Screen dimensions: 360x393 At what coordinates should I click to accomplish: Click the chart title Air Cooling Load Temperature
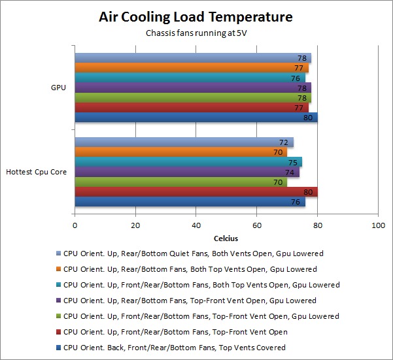pyautogui.click(x=196, y=16)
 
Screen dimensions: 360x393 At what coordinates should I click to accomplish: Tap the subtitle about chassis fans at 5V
pyautogui.click(x=196, y=33)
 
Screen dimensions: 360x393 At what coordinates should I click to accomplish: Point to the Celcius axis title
pyautogui.click(x=226, y=238)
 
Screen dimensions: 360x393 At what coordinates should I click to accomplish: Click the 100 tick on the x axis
pyautogui.click(x=377, y=226)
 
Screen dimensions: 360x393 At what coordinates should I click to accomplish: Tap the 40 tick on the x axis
pyautogui.click(x=196, y=226)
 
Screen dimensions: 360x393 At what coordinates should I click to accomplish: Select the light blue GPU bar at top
pyautogui.click(x=192, y=58)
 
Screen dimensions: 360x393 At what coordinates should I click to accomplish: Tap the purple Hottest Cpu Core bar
pyautogui.click(x=186, y=172)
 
